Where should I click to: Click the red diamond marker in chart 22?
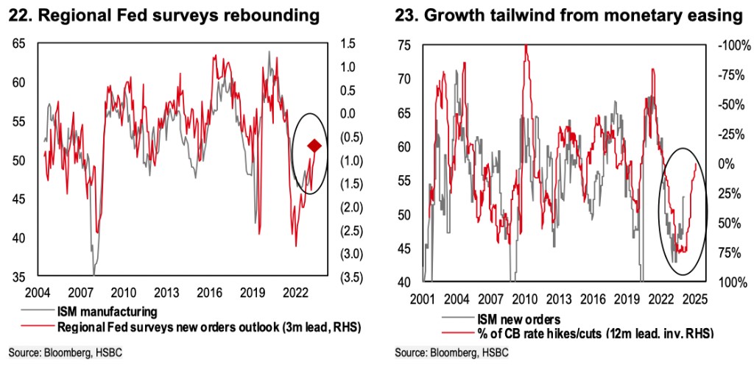tap(314, 147)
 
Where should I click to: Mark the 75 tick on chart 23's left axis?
tap(403, 46)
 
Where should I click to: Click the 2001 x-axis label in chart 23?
tap(423, 299)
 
